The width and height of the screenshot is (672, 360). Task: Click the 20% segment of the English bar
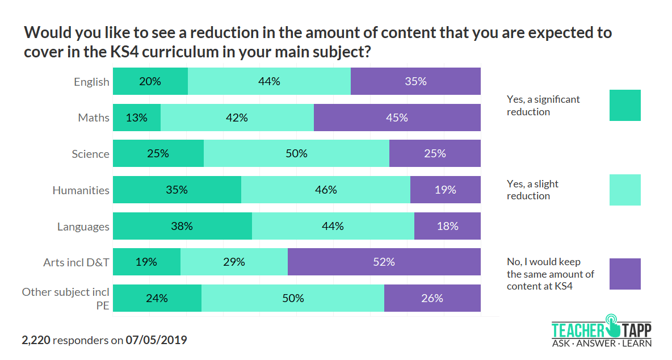(x=150, y=81)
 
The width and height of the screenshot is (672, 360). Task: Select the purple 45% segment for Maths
(x=397, y=118)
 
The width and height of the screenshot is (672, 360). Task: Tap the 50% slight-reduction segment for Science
(x=296, y=153)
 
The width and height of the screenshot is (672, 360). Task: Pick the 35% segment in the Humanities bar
(x=177, y=190)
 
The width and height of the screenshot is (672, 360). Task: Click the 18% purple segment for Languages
(x=447, y=226)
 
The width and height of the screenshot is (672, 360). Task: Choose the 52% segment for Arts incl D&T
(x=384, y=262)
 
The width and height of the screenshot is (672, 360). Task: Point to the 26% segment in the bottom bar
(x=432, y=298)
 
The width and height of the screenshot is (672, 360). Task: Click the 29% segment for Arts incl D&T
(x=234, y=262)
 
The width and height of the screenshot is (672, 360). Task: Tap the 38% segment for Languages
(x=182, y=226)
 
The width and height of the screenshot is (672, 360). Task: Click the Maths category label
(x=94, y=118)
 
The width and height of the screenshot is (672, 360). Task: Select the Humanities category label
(x=81, y=190)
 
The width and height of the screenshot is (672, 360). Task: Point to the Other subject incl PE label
(x=65, y=299)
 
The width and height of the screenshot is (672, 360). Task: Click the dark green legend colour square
(x=625, y=105)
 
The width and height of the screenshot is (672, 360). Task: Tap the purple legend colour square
(x=625, y=274)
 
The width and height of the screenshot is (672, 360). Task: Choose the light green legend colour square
(x=625, y=190)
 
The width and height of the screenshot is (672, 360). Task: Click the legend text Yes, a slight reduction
(x=532, y=190)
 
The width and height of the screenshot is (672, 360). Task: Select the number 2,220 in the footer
(x=36, y=341)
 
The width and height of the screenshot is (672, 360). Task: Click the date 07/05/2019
(x=156, y=341)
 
